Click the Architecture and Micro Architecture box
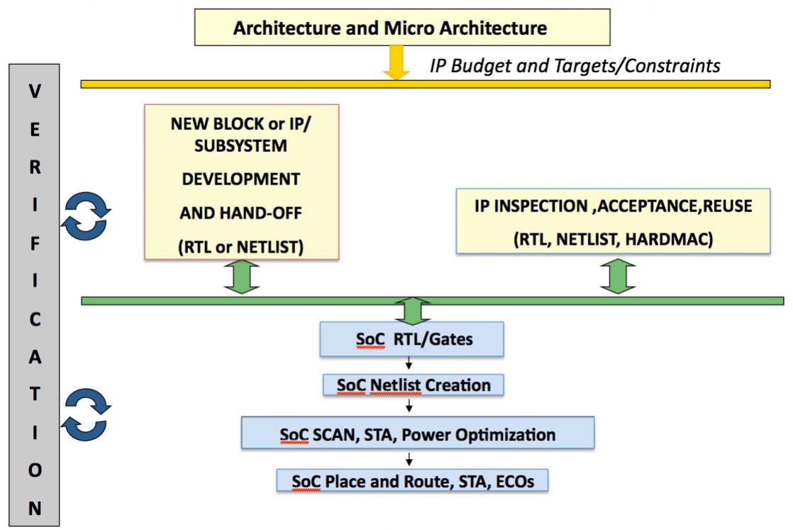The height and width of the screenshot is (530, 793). [x=402, y=27]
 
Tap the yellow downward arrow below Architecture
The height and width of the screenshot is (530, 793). [x=396, y=62]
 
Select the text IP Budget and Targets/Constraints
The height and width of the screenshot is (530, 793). [x=575, y=66]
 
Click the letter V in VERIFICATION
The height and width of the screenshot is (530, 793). [x=34, y=91]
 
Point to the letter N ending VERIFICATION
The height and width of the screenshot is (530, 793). [x=34, y=508]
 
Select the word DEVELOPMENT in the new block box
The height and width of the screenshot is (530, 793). [x=240, y=179]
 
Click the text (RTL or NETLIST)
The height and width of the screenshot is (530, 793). [x=240, y=247]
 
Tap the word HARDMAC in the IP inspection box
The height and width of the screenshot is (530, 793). [x=669, y=238]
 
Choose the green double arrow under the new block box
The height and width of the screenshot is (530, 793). [x=242, y=277]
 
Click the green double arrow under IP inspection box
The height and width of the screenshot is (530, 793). [x=618, y=276]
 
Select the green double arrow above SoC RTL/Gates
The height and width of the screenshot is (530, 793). [x=413, y=311]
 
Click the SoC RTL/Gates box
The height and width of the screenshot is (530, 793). [x=411, y=339]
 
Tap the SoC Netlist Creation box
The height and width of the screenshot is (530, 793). [x=414, y=385]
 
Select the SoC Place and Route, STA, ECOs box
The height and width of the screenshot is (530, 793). [x=412, y=480]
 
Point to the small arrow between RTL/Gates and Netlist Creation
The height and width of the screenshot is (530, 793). [x=409, y=363]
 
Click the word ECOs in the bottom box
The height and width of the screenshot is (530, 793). [x=515, y=481]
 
